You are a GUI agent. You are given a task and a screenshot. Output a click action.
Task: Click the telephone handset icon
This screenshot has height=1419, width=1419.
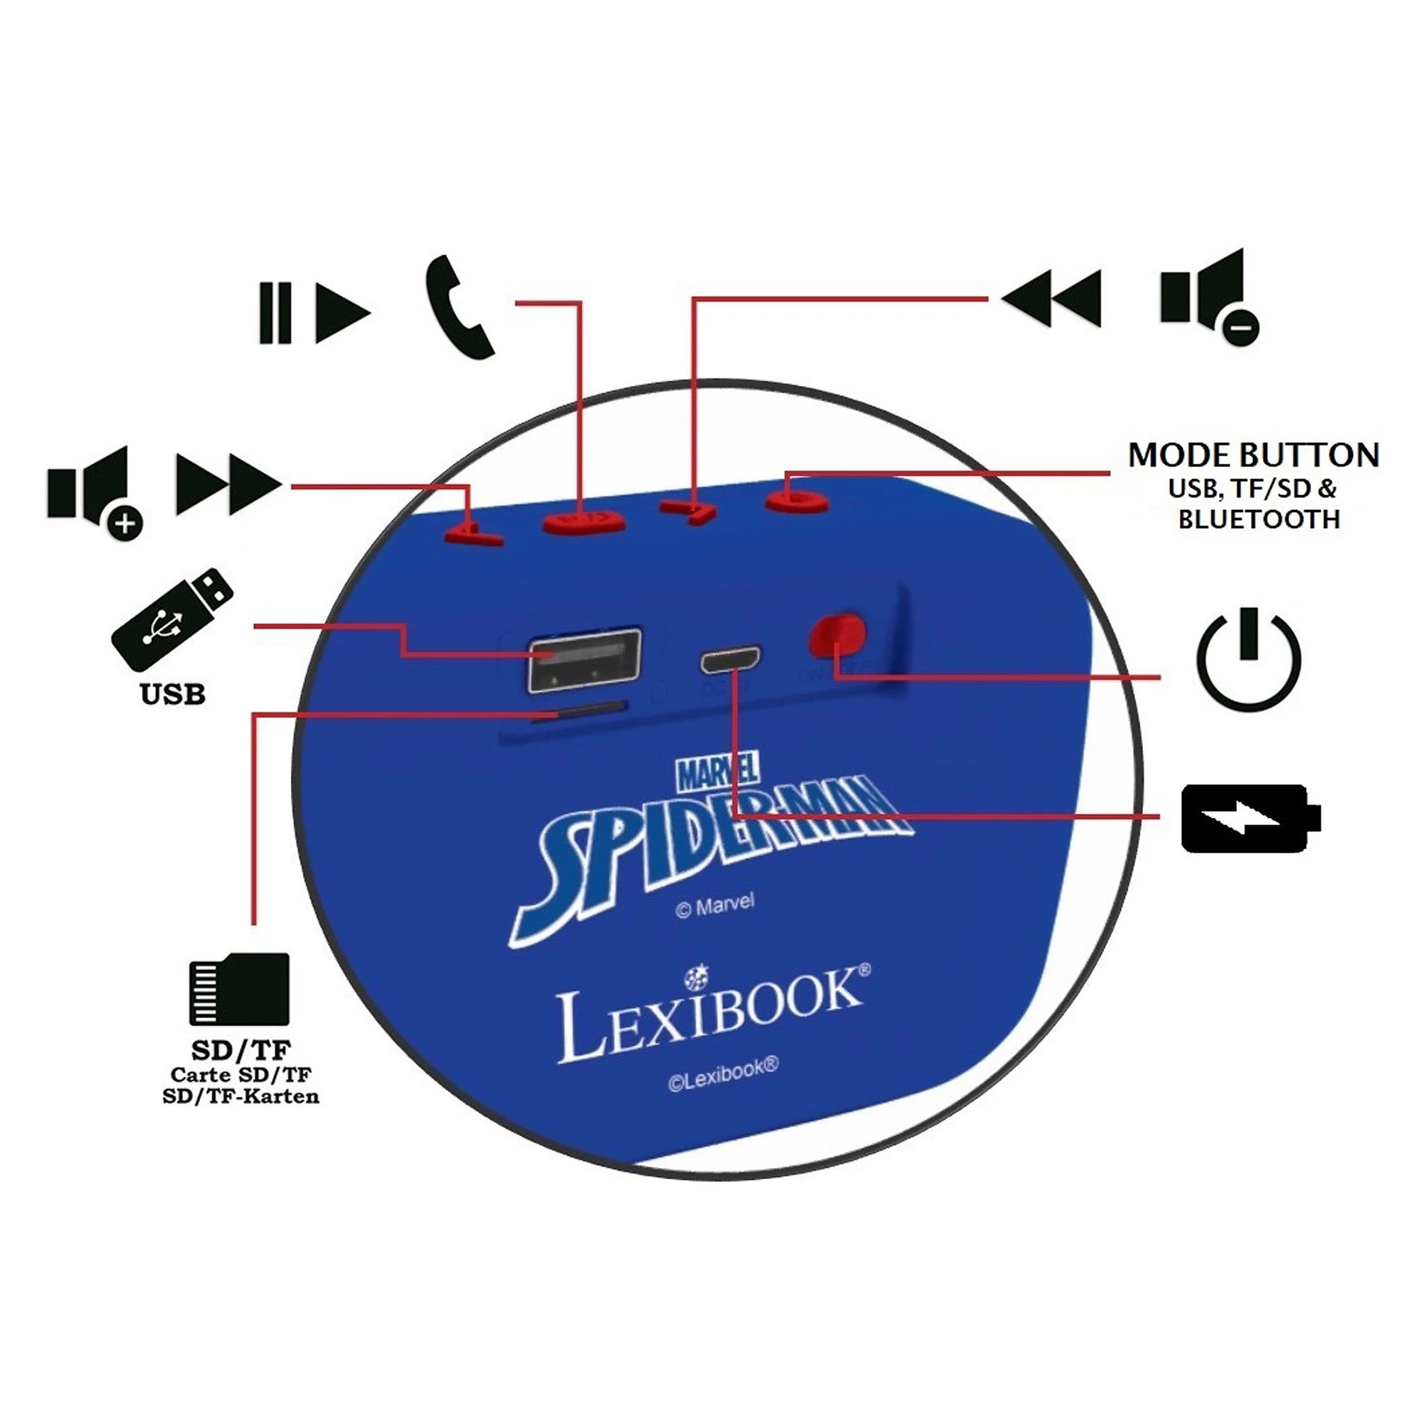[x=460, y=308]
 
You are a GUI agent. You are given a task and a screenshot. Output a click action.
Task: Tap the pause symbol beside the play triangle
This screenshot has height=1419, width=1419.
[x=275, y=314]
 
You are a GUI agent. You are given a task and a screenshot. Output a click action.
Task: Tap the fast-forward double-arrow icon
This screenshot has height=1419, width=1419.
[x=228, y=485]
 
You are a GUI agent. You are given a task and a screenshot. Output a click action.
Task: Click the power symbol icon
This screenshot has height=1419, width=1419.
[x=1249, y=659]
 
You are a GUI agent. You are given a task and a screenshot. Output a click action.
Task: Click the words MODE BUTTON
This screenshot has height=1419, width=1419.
[x=1253, y=455]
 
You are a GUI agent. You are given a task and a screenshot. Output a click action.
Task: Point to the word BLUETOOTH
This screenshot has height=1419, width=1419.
[x=1259, y=519]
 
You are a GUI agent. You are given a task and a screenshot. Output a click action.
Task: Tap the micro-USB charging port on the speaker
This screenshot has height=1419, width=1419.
[x=730, y=660]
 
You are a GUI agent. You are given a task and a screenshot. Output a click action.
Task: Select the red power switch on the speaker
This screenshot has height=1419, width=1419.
[x=837, y=634]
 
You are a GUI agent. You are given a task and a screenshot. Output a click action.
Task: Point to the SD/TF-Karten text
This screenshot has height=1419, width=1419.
[x=241, y=1097]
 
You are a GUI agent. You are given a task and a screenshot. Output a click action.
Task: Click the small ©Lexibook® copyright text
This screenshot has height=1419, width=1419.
[x=723, y=1073]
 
